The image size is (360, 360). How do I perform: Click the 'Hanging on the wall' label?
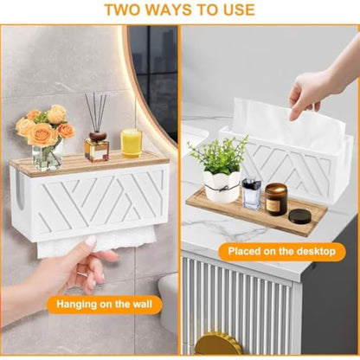[104, 304]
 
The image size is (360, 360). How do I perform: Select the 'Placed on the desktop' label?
[282, 251]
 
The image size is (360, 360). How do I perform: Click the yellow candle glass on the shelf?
[132, 143]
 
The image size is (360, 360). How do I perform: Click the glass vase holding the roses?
[47, 157]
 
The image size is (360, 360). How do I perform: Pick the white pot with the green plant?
[222, 186]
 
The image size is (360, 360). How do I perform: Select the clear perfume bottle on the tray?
[252, 193]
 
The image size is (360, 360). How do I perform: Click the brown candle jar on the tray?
[276, 199]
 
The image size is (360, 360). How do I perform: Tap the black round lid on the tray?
[299, 215]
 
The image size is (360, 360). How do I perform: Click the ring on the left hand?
[82, 273]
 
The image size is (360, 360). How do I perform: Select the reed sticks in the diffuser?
[96, 112]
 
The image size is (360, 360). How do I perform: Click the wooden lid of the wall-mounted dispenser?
[89, 163]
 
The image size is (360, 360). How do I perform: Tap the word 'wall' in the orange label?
[141, 304]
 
